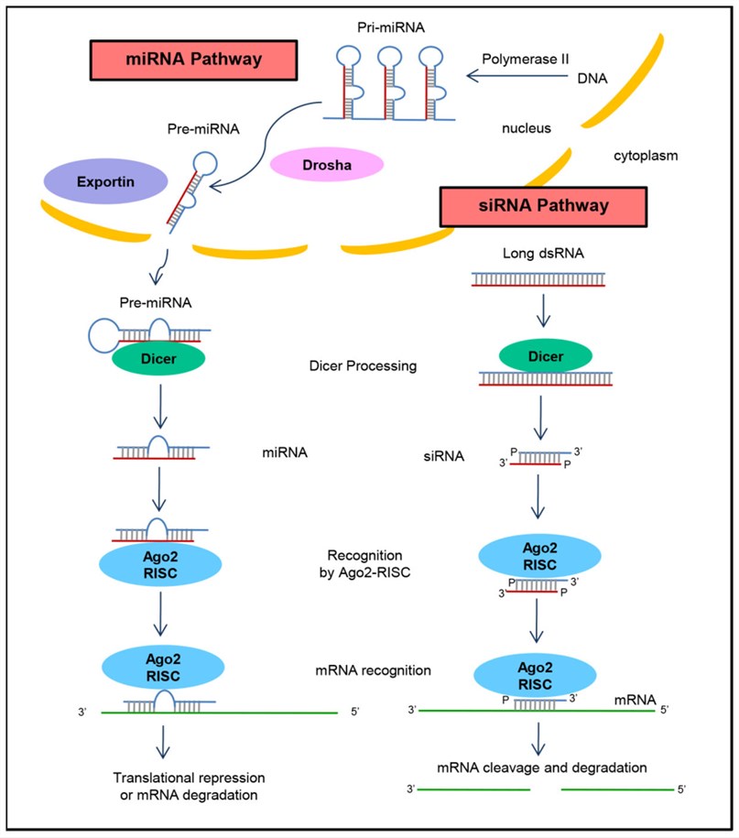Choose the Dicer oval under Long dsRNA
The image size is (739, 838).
pyautogui.click(x=545, y=354)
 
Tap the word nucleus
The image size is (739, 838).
pyautogui.click(x=526, y=128)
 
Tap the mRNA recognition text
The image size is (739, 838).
pyautogui.click(x=372, y=670)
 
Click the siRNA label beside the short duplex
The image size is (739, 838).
pyautogui.click(x=433, y=454)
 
